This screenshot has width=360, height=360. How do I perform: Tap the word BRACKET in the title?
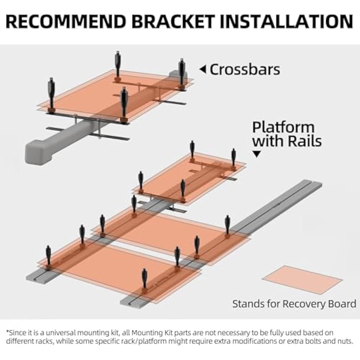tap(176, 22)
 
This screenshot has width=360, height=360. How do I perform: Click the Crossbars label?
tap(245, 69)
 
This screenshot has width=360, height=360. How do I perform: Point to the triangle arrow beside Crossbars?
tap(203, 69)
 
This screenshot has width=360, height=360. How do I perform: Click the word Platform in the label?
tap(283, 127)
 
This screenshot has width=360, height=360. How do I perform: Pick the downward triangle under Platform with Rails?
tap(257, 154)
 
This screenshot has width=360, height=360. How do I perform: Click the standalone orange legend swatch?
tap(302, 279)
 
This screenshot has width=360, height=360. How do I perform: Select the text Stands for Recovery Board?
tap(294, 303)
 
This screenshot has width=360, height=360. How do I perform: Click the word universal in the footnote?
tap(61, 333)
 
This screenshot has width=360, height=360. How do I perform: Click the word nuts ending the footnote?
tap(343, 341)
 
